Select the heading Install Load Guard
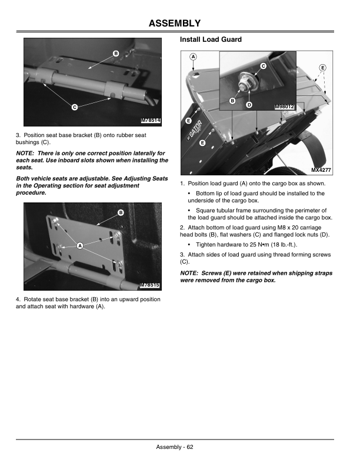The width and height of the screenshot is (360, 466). point(211,40)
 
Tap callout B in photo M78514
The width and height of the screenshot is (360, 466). point(116,54)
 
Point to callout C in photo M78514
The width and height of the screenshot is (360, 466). point(74,107)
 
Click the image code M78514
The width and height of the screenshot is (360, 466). point(151,121)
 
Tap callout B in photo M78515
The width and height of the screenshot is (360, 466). point(120,212)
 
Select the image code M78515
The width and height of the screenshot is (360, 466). point(151,285)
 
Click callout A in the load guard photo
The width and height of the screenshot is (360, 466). point(194,56)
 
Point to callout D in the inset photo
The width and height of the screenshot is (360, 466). point(249,105)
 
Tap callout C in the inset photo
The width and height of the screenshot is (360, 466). point(263,65)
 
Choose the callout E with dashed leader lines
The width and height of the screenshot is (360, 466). point(322,68)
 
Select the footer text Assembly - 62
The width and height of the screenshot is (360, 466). point(175,447)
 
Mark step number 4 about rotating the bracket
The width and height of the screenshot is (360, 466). point(18,299)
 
